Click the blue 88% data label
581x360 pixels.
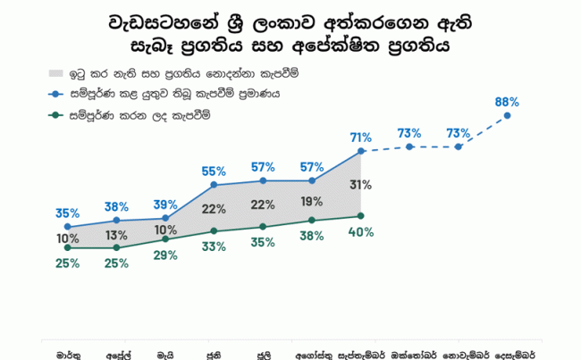pyautogui.click(x=507, y=101)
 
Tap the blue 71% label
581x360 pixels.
pyautogui.click(x=361, y=137)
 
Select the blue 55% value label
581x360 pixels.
pyautogui.click(x=214, y=171)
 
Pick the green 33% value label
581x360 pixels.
pyautogui.click(x=214, y=247)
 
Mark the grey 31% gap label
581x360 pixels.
pyautogui.click(x=361, y=185)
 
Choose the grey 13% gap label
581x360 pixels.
pyautogui.click(x=116, y=235)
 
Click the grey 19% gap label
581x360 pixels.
pyautogui.click(x=312, y=201)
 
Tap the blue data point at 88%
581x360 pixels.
pyautogui.click(x=508, y=115)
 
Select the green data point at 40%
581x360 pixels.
pyautogui.click(x=361, y=215)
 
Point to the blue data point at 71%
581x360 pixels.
pyautogui.click(x=361, y=151)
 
